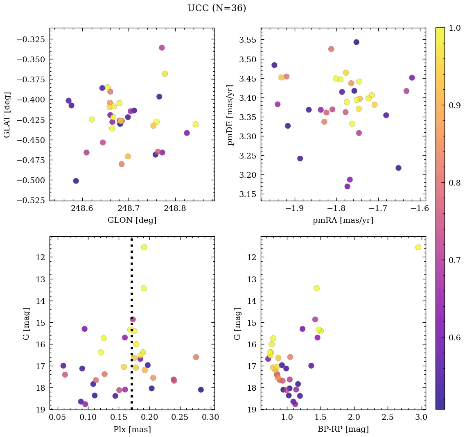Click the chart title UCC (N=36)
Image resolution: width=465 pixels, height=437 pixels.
tap(217, 8)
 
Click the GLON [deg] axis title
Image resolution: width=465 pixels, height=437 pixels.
tap(132, 220)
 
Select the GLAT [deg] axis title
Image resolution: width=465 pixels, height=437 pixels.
tap(7, 115)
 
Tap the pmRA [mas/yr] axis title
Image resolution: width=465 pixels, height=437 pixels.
tap(343, 220)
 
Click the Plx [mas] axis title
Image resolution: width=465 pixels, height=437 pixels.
tap(132, 429)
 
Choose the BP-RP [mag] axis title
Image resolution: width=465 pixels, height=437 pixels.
tap(343, 429)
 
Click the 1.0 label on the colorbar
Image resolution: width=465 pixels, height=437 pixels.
tap(455, 28)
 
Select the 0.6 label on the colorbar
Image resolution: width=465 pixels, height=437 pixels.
tap(455, 337)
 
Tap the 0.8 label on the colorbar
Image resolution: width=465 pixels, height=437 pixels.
tap(455, 183)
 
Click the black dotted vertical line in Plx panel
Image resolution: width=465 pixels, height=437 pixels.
tap(131, 287)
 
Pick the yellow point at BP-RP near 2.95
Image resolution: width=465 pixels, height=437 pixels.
tap(418, 247)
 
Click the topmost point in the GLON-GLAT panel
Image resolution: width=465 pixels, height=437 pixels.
tap(162, 48)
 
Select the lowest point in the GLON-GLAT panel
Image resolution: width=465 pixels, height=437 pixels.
tap(76, 181)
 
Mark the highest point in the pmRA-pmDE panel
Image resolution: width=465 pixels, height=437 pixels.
tap(356, 42)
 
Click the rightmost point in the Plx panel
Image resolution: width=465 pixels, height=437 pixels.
tap(201, 389)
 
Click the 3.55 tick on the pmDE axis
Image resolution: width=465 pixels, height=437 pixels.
tap(246, 40)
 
